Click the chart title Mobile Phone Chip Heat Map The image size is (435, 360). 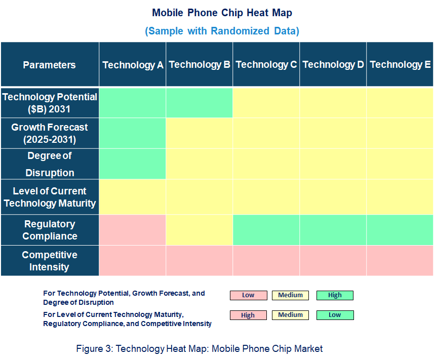tap(222, 13)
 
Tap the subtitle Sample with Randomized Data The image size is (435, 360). tap(222, 31)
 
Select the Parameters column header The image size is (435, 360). tap(50, 65)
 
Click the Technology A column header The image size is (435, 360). tap(133, 65)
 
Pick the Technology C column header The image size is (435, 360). tap(266, 65)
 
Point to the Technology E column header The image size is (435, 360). tap(400, 65)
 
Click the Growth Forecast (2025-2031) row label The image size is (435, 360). tap(50, 133)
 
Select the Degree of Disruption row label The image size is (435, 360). tap(50, 164)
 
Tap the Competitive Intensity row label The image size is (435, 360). tap(50, 261)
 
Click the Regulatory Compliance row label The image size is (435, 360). tap(50, 230)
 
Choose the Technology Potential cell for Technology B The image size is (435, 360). tap(200, 102)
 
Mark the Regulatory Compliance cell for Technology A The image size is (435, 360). tap(133, 230)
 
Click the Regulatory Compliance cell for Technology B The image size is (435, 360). tap(200, 230)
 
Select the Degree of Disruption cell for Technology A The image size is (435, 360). tap(133, 164)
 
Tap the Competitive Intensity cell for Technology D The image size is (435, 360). tap(333, 261)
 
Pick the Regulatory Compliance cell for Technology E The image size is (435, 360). tap(400, 230)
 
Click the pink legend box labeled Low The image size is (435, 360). tap(248, 295)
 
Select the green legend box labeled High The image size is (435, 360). tap(335, 295)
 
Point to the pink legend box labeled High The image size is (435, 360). tap(248, 315)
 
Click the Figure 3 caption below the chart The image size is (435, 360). tap(200, 348)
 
